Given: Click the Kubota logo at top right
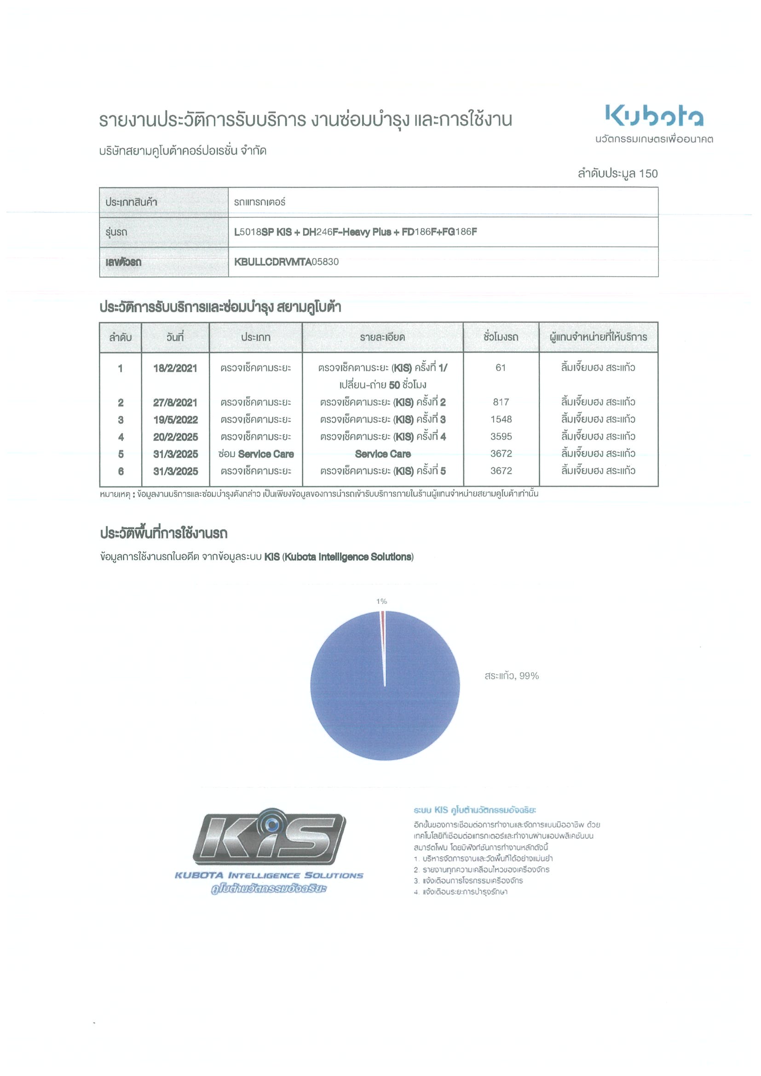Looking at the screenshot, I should pos(654,115).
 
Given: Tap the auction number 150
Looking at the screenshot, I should pos(648,173).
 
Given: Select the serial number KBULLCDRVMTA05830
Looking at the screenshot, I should pos(286,262).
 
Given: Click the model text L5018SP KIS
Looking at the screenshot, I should pos(263,232).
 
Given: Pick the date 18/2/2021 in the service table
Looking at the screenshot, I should pos(175,368).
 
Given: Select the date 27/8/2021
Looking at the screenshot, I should pos(175,402).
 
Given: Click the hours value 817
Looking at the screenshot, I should pos(501,402).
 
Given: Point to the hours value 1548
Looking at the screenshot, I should pos(501,419).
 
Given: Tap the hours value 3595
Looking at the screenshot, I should pos(501,437).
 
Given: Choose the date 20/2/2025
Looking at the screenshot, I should pos(175,437).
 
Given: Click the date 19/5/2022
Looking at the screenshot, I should pos(175,419).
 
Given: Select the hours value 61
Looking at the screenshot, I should pos(501,368).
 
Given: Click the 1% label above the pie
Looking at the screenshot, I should pos(381,601).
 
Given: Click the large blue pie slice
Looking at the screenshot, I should pos(357,703).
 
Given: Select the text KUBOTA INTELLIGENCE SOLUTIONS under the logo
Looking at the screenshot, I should pos(269,876).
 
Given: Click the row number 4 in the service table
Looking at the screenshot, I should pos(121,437).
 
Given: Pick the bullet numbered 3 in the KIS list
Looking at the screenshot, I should pos(416,881).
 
